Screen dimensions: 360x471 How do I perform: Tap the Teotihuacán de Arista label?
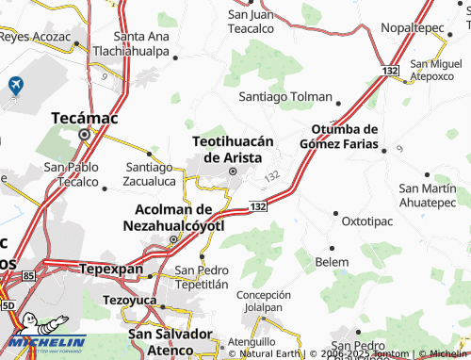233,148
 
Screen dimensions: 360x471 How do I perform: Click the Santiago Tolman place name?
284,97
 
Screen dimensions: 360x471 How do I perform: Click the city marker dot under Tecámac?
84,135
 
